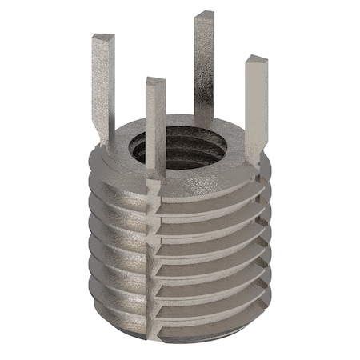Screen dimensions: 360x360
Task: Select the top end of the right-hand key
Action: [x=255, y=60]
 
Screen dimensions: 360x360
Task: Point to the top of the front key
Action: [x=155, y=82]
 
